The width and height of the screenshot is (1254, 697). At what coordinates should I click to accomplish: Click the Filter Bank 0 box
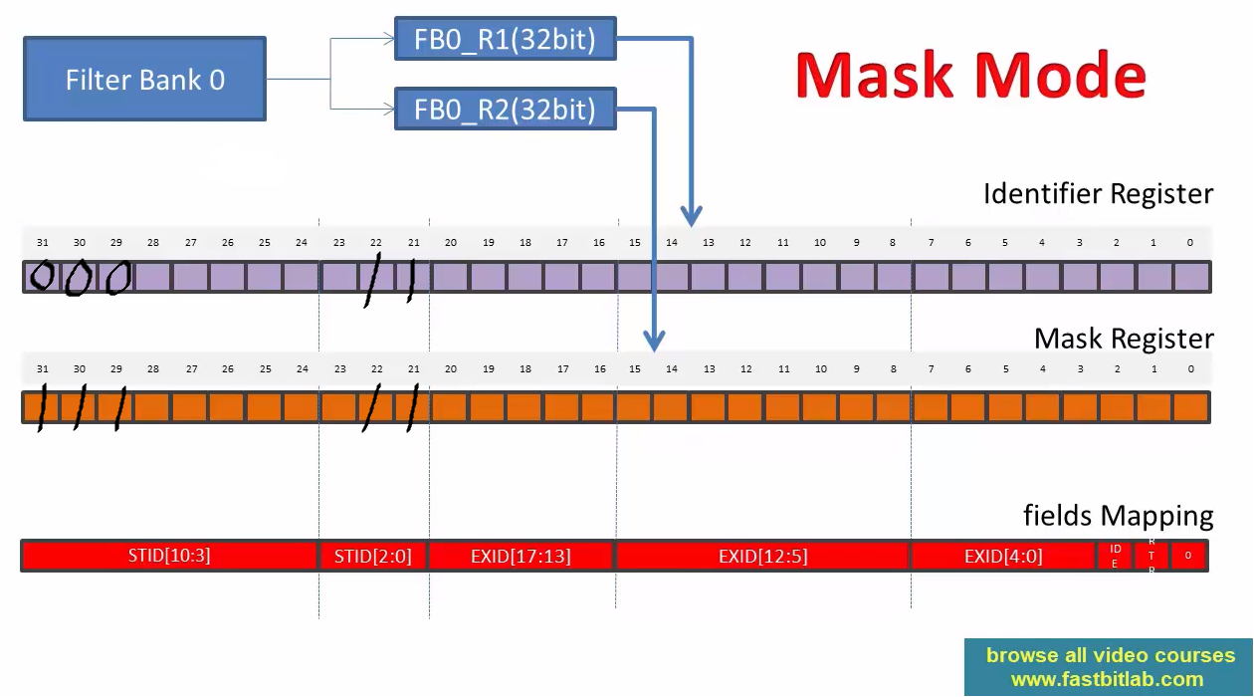point(144,80)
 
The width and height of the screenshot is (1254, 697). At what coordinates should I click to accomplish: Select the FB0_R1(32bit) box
point(505,41)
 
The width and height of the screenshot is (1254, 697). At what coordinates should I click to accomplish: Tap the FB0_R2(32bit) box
point(505,108)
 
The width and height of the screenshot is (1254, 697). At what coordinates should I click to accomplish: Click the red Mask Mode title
point(970,76)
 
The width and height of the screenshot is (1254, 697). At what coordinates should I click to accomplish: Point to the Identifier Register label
point(1098,193)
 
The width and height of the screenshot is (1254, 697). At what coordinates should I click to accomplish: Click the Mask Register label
point(1124,339)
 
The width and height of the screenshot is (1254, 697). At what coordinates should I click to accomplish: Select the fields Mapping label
point(1118,516)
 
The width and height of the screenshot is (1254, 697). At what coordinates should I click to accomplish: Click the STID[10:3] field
point(169,556)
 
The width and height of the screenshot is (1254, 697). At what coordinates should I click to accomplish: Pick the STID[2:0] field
point(373,556)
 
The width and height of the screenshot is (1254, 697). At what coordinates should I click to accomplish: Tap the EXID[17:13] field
point(522,556)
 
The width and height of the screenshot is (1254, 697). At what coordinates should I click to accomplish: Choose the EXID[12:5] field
point(762,556)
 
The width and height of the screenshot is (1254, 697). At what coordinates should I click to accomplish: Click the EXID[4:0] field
point(1003,556)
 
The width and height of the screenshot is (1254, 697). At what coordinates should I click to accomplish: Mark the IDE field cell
point(1115,556)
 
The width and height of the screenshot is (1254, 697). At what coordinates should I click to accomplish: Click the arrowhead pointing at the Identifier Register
point(691,215)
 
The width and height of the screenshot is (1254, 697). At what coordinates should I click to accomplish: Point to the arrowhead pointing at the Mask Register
point(653,342)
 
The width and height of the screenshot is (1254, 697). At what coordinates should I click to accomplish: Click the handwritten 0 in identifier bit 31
point(42,276)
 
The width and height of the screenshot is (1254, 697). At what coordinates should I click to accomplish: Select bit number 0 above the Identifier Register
point(1190,242)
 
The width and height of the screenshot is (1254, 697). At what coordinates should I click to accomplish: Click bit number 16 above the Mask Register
point(599,369)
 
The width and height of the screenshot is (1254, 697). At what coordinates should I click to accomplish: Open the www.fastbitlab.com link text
point(1107,680)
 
